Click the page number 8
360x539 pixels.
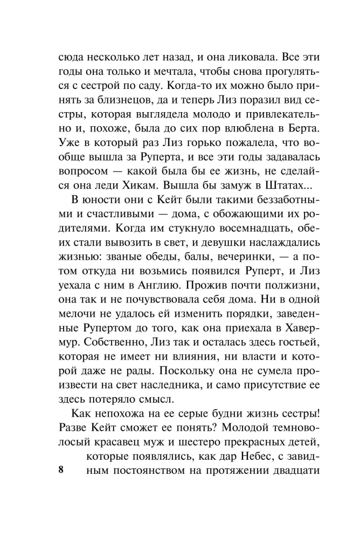tap(61, 469)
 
